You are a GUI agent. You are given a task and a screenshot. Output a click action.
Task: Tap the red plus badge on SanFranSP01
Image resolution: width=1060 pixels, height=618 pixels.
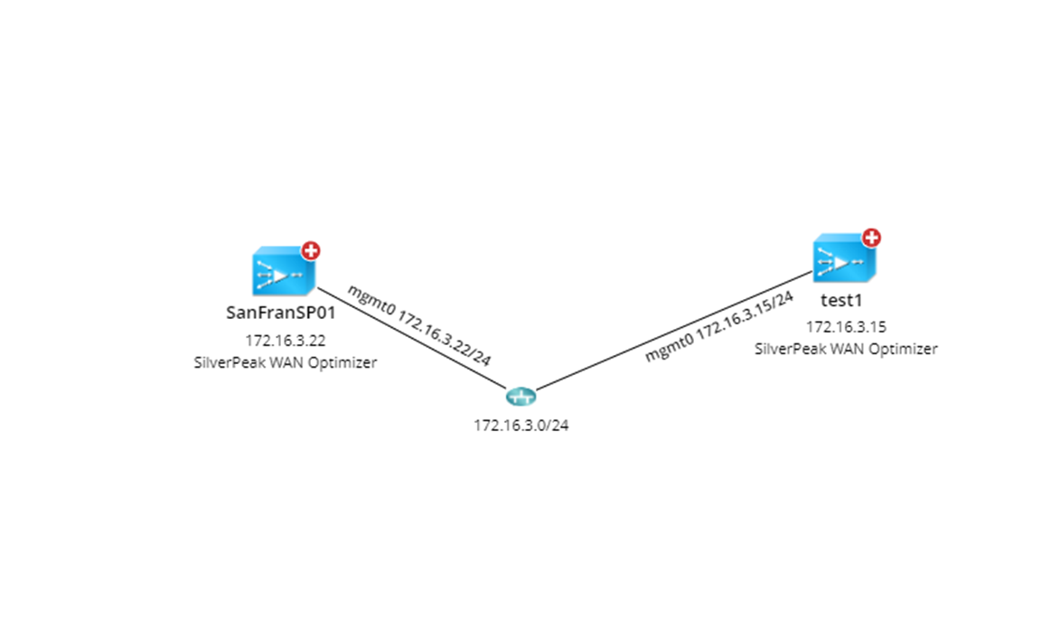pyautogui.click(x=311, y=250)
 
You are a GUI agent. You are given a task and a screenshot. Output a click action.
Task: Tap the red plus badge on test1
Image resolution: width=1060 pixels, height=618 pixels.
pyautogui.click(x=871, y=238)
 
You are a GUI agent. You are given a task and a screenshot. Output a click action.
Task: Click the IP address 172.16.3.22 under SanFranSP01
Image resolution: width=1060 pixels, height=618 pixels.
pyautogui.click(x=286, y=342)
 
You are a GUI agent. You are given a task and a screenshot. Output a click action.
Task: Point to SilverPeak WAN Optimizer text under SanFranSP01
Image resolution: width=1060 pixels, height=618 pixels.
pyautogui.click(x=286, y=362)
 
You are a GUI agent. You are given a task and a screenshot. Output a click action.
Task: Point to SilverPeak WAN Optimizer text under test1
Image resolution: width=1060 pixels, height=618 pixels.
pyautogui.click(x=846, y=348)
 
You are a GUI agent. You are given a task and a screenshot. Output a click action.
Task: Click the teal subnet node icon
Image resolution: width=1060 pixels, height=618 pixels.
pyautogui.click(x=521, y=397)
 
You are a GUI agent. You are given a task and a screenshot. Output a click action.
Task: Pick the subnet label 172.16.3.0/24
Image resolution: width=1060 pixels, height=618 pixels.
pyautogui.click(x=521, y=426)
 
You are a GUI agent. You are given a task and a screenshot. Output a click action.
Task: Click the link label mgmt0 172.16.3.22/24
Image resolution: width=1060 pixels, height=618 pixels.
pyautogui.click(x=420, y=325)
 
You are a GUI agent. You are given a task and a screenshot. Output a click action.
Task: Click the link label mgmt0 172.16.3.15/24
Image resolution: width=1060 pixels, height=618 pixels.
pyautogui.click(x=719, y=326)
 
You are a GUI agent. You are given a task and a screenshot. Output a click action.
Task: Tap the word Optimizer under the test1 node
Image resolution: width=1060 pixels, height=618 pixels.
pyautogui.click(x=906, y=348)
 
